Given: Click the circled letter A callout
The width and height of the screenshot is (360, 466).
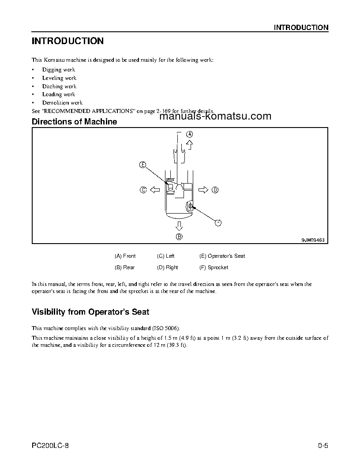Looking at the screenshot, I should tap(189, 134).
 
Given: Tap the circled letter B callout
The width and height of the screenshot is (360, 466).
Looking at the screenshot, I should tap(179, 237).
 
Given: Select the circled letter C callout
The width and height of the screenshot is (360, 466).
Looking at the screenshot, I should tap(143, 190).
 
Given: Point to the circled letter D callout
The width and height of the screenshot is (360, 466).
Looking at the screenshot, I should tap(215, 190).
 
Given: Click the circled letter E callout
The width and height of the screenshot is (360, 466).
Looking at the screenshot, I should tap(142, 165).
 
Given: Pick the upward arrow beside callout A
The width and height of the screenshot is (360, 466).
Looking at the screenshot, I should tap(189, 144).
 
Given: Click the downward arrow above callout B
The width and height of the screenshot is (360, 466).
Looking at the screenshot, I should tap(179, 226).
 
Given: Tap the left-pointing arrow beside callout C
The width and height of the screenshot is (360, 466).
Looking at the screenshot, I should tap(154, 190).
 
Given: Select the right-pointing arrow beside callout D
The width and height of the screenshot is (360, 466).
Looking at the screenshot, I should tap(203, 190).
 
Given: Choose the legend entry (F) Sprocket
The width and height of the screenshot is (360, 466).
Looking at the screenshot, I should tap(214, 267).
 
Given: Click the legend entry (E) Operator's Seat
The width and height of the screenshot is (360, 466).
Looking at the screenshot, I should tap(222, 256).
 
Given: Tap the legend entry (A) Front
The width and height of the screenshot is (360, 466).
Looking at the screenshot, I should tap(125, 256).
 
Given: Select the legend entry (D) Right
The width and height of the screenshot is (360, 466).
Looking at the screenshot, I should tap(168, 267).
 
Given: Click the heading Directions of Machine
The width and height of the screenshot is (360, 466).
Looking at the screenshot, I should tap(75, 122).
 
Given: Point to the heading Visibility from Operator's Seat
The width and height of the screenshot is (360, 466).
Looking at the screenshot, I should tap(90, 312).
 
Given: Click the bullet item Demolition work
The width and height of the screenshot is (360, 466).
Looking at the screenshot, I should tap(62, 103).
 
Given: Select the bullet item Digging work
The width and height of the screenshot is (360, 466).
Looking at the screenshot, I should tap(59, 70).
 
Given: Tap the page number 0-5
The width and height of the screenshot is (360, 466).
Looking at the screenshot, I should tap(323, 446).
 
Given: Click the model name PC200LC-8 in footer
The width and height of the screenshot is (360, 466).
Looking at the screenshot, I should tap(50, 446).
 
